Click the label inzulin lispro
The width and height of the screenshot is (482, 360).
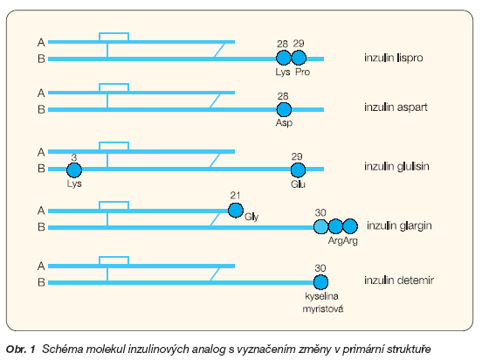[x=394, y=58]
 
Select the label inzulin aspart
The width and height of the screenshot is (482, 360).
[x=396, y=107]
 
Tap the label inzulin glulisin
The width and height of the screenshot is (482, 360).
[x=396, y=167]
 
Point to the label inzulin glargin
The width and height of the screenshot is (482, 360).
[x=399, y=225]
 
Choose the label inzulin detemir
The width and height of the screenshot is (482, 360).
[x=399, y=280]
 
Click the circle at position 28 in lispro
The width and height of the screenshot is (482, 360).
[x=284, y=58]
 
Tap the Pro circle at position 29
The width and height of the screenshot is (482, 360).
[x=299, y=58]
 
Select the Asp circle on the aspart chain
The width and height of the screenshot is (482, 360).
[x=284, y=109]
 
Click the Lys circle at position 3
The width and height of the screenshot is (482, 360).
[x=74, y=170]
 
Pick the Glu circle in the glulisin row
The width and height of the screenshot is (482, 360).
[x=298, y=170]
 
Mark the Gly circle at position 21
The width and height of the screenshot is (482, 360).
[x=236, y=211]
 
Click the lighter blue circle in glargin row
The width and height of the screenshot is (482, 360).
[x=321, y=227]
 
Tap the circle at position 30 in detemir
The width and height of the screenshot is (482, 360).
[x=320, y=282]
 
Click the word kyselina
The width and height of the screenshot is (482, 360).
[x=321, y=296]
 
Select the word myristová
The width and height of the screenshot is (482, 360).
[x=323, y=309]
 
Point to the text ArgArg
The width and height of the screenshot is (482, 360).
[x=343, y=240]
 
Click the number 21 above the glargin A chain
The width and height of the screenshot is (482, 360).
[x=235, y=196]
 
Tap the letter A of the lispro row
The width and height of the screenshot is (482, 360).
[x=41, y=43]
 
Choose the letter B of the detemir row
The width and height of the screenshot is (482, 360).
[x=41, y=282]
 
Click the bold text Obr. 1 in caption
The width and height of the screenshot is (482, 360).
[x=21, y=350]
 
